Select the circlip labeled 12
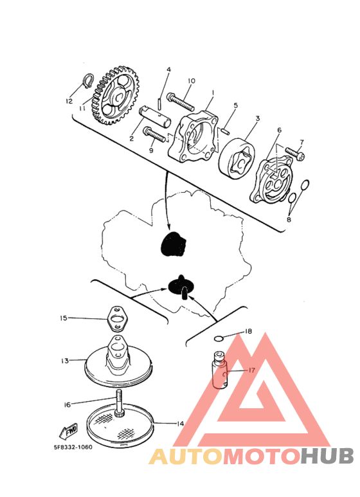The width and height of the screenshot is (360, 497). point(89,80)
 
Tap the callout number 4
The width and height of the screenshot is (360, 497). point(169,69)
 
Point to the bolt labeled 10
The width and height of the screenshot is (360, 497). point(181,102)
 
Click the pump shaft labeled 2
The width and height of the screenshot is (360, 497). point(155,116)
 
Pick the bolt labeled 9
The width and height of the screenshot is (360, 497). point(155,134)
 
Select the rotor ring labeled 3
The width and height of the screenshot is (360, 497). point(237,158)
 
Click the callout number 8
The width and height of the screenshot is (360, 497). point(289,219)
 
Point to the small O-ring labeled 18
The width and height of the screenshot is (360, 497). point(219,339)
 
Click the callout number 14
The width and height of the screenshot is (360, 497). point(180,424)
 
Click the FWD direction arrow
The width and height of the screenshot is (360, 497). point(68,431)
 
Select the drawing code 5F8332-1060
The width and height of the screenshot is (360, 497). point(73,447)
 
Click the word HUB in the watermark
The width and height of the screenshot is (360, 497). point(327,456)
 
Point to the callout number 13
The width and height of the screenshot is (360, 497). point(65,361)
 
